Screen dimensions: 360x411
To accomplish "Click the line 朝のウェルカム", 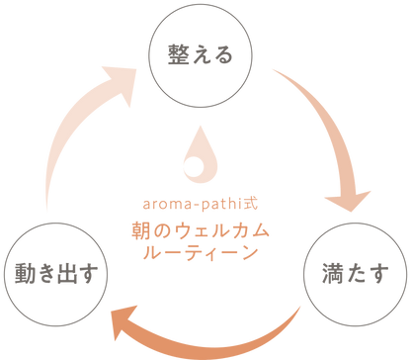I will (x=205, y=230).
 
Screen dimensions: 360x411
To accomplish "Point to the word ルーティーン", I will (x=205, y=253).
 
